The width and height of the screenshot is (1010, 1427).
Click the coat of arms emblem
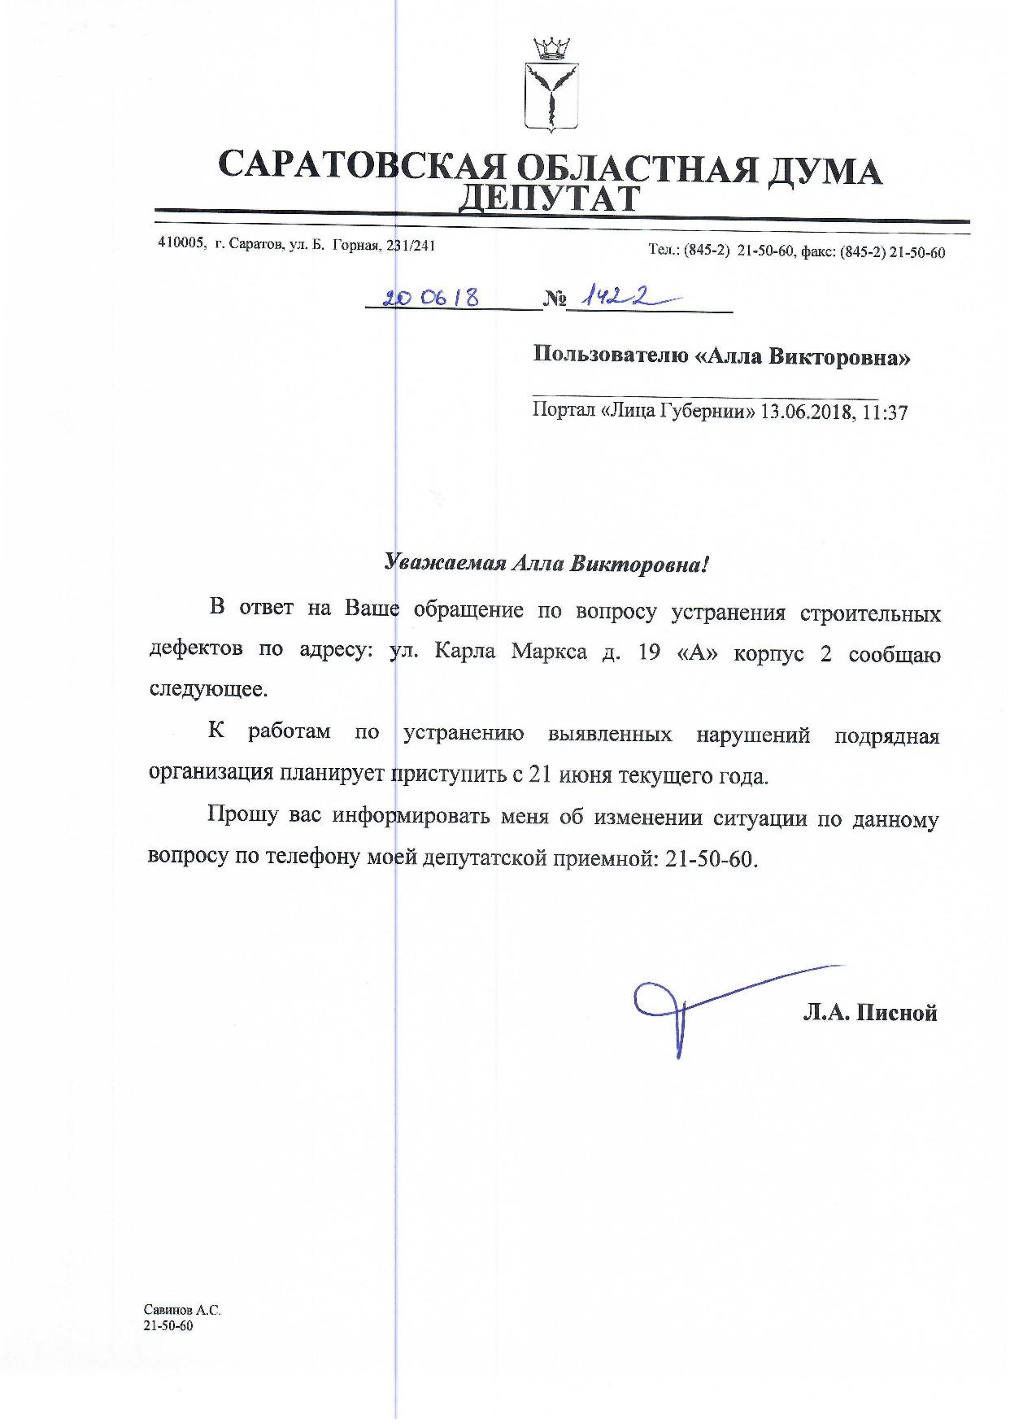point(550,85)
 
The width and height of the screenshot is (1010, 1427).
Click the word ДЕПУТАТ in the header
point(550,198)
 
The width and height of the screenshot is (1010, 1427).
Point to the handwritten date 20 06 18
point(431,299)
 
